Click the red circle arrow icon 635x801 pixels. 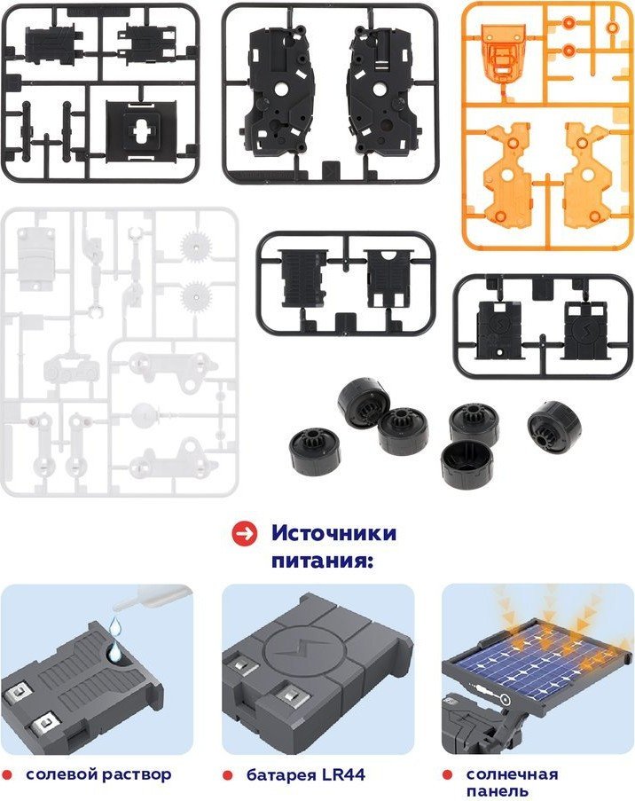click(x=244, y=534)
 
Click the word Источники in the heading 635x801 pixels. click(x=333, y=533)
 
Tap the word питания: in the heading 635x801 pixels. click(x=322, y=561)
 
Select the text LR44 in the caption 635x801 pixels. click(x=343, y=774)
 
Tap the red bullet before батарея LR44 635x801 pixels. click(x=228, y=775)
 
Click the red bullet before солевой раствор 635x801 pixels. click(x=6, y=775)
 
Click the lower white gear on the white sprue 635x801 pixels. click(x=196, y=296)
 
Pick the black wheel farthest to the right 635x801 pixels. click(x=555, y=427)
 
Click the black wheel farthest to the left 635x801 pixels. click(x=315, y=452)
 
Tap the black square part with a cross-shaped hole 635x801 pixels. click(x=139, y=132)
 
